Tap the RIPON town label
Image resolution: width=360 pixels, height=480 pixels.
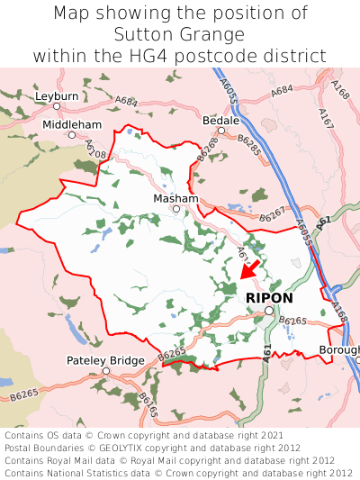point(268,297)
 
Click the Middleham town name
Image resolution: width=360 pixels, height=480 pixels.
point(72,124)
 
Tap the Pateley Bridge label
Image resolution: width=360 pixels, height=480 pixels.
point(105,360)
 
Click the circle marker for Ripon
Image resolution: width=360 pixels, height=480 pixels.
point(268,311)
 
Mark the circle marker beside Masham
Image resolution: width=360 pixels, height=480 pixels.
point(176,210)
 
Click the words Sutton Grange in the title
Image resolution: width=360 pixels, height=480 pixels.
point(180,35)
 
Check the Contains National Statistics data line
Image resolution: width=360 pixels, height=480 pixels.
point(178,472)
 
